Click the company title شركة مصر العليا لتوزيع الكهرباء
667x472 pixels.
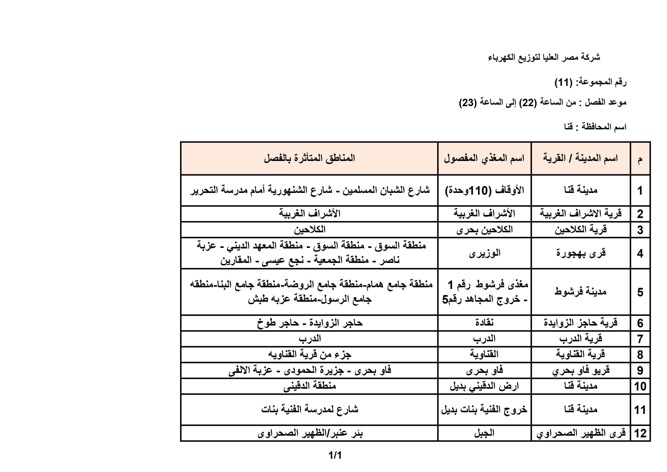click(x=544, y=57)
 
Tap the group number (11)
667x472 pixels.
click(x=563, y=83)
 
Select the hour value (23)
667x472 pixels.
click(x=468, y=103)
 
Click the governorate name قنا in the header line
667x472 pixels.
click(x=569, y=127)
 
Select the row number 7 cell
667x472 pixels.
click(x=640, y=339)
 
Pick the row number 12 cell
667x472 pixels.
click(x=640, y=433)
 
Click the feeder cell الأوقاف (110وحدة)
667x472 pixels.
click(x=484, y=190)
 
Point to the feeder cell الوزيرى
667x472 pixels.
click(x=484, y=253)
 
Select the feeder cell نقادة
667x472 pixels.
click(x=484, y=323)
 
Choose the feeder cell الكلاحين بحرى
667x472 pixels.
click(x=484, y=230)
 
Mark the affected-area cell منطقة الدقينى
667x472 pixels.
click(x=309, y=386)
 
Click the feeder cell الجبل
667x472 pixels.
click(x=484, y=433)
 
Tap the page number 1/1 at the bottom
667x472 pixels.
click(x=335, y=455)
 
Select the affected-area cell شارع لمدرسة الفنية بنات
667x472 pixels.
click(x=309, y=410)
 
